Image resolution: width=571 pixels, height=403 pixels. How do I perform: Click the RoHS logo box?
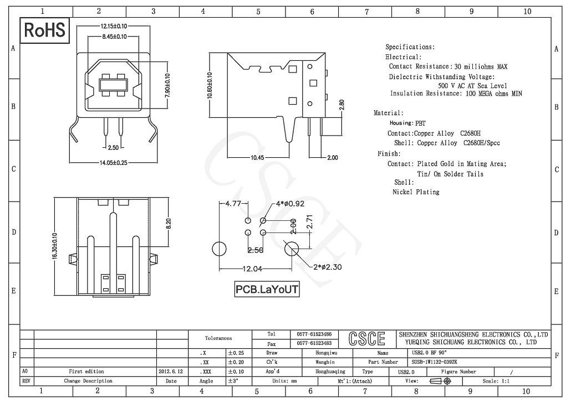44,30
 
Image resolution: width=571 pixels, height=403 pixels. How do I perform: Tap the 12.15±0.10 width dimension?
114,26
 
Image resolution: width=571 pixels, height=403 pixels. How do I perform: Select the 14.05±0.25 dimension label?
114,162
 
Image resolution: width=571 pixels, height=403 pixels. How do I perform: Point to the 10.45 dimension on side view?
257,158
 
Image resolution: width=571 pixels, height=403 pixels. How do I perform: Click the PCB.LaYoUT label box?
267,289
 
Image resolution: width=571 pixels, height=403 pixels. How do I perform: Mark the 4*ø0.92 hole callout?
290,204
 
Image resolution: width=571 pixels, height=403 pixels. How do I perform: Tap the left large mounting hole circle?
220,249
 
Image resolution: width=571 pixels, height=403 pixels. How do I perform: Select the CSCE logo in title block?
366,338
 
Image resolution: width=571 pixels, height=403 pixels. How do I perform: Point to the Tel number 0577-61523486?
314,334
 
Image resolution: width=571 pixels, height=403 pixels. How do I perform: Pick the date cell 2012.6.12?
171,371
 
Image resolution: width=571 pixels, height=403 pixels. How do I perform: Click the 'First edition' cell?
86,371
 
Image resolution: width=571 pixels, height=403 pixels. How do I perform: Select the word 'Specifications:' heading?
410,47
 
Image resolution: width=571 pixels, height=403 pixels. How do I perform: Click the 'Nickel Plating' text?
416,192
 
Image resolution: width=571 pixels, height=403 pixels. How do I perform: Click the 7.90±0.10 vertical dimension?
167,86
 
